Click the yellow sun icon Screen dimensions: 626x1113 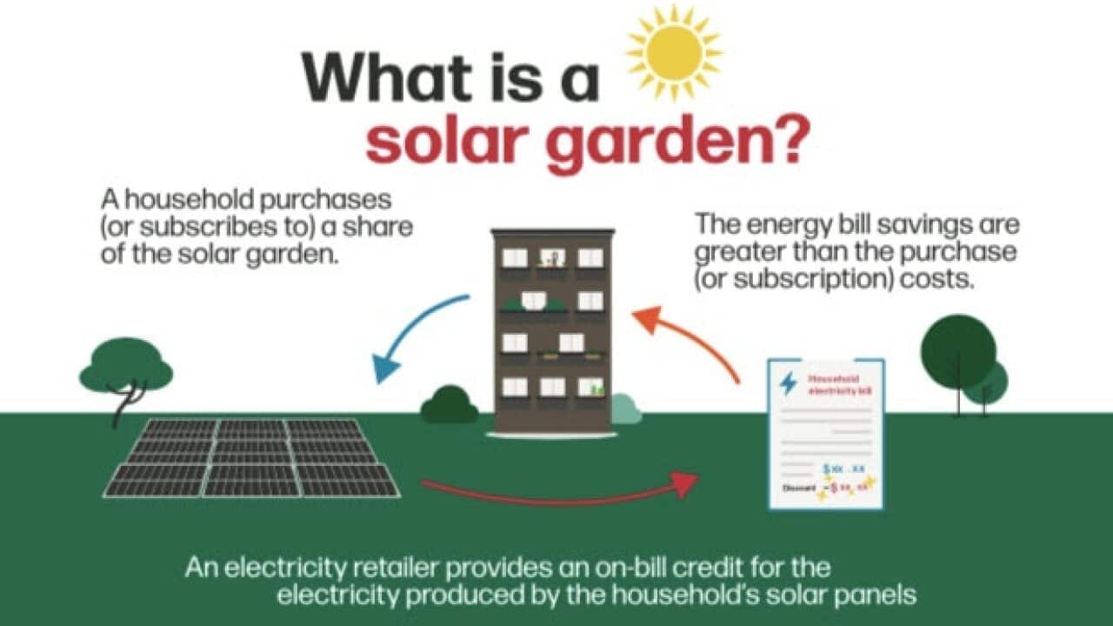[x=675, y=52]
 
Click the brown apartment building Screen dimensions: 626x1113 [x=553, y=330]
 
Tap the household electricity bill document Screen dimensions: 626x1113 [x=825, y=434]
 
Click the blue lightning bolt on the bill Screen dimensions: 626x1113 [x=788, y=383]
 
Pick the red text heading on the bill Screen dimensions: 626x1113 [x=838, y=384]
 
